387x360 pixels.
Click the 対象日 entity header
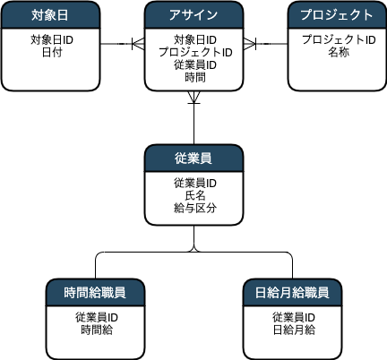(50, 15)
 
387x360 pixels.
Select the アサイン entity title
(193, 15)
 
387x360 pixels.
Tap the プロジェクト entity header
(337, 15)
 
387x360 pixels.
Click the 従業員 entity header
(193, 159)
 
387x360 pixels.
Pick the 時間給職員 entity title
(95, 293)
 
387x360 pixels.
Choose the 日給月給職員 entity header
(292, 293)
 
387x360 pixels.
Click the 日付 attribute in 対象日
(52, 52)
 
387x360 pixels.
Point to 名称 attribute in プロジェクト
(339, 52)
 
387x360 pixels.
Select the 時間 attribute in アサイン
(195, 78)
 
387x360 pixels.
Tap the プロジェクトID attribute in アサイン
(195, 52)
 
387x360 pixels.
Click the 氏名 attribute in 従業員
(195, 195)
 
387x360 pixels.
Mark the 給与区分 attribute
(195, 208)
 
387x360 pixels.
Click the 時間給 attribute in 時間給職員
(97, 330)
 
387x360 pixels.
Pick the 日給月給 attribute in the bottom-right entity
(294, 330)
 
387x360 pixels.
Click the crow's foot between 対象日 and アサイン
(138, 44)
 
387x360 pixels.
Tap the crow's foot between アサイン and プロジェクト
(250, 44)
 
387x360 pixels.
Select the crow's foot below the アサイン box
(193, 98)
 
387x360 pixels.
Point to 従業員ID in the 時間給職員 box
(97, 317)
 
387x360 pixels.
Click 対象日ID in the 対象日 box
(52, 39)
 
